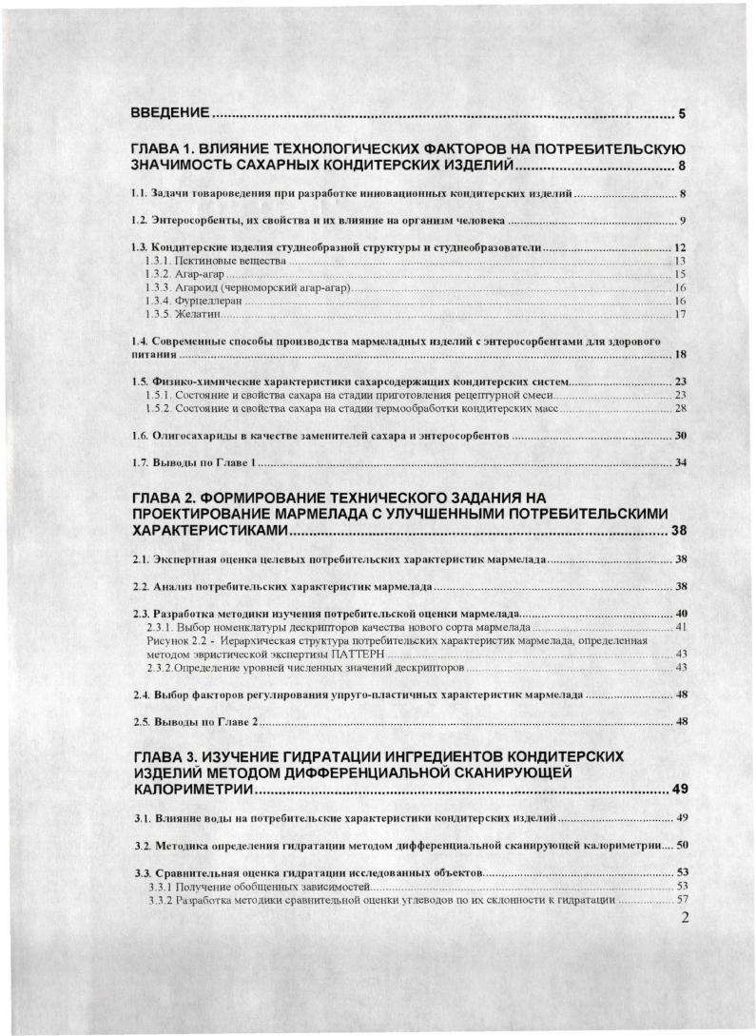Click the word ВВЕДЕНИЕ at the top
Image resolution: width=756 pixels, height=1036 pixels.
(170, 115)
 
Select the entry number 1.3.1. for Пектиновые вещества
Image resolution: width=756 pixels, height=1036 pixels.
(156, 260)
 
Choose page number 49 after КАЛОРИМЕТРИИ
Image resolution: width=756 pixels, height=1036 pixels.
(686, 790)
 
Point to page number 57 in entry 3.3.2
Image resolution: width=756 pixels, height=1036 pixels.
(680, 900)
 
